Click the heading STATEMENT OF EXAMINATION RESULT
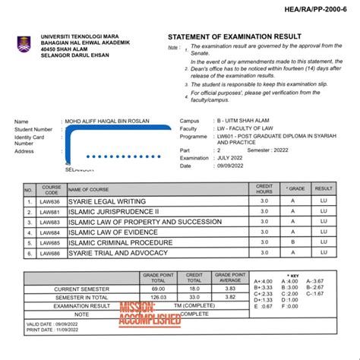pos(234,36)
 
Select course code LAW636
pos(51,202)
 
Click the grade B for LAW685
pos(292,243)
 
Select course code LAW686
pos(51,253)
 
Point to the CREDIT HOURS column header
pos(264,188)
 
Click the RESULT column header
pos(324,188)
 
